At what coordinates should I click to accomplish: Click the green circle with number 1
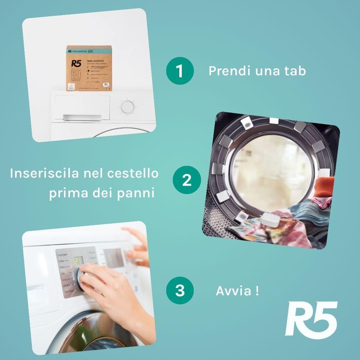point(180,71)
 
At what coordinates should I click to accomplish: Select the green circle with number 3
point(180,290)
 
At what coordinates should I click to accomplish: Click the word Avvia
point(234,291)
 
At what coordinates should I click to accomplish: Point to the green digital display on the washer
point(78,260)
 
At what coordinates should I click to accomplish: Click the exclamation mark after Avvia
point(257,291)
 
